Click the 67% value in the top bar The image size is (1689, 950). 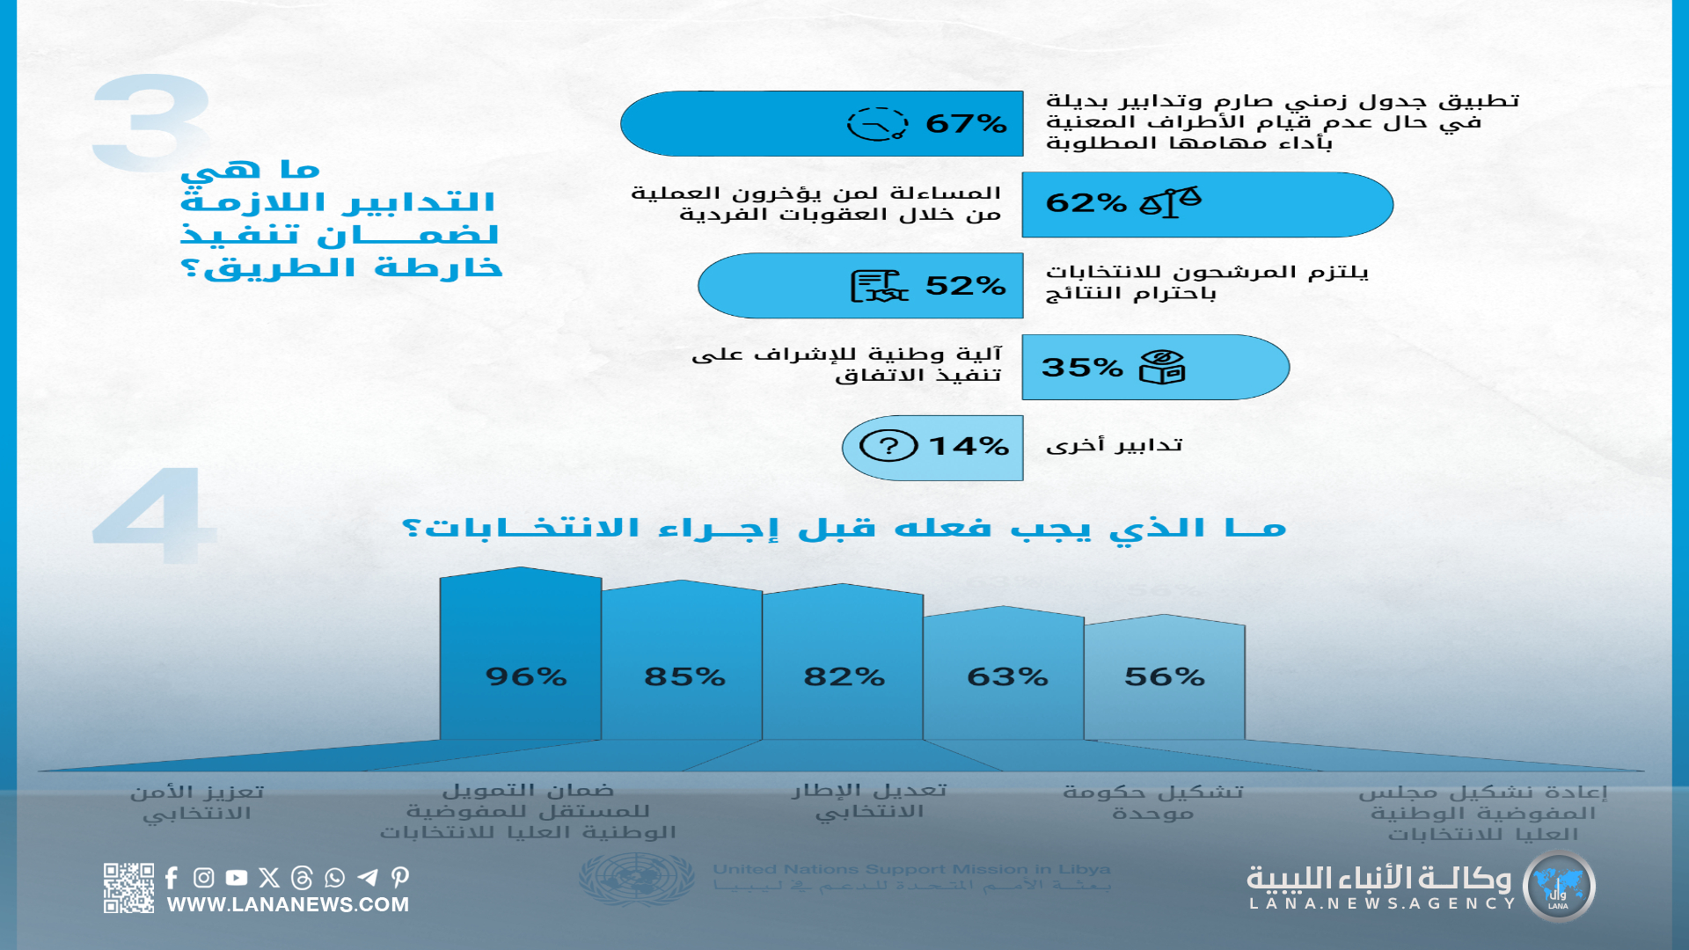(x=966, y=123)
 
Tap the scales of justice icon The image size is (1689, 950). (x=1170, y=202)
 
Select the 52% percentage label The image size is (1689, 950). (x=965, y=286)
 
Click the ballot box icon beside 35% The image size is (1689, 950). (x=1162, y=367)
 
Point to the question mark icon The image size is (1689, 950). (x=888, y=446)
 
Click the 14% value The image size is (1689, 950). (x=969, y=447)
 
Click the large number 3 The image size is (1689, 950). (x=151, y=123)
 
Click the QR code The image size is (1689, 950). (x=128, y=888)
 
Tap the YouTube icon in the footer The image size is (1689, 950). (x=236, y=877)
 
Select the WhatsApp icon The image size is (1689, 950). (x=334, y=877)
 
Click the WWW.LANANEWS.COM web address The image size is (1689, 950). (x=288, y=904)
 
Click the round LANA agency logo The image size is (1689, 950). (x=1559, y=887)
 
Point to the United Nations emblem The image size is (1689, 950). (x=636, y=877)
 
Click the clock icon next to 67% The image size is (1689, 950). (x=876, y=124)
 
